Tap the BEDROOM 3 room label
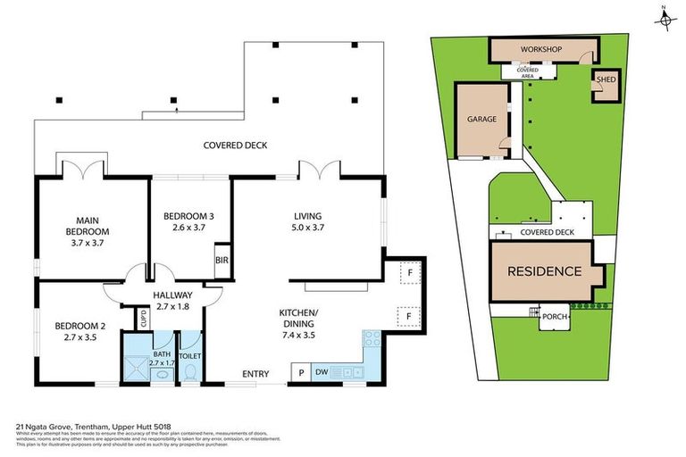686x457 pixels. coord(188,221)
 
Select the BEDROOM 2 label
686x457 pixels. coord(74,331)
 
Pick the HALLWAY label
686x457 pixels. coord(172,301)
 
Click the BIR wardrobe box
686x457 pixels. coord(221,262)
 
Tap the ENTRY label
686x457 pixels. coord(255,374)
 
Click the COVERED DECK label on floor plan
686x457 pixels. coord(235,145)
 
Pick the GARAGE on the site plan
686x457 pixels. coord(481,120)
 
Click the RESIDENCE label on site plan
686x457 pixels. coord(544,271)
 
